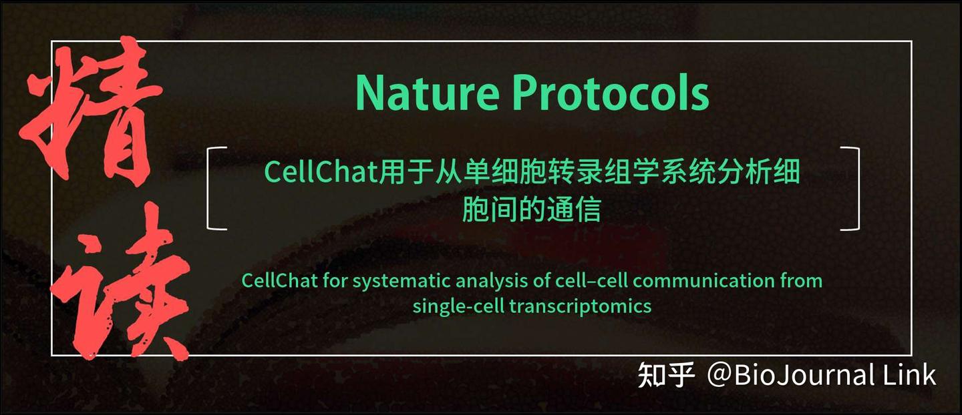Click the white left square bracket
pyautogui.click(x=216, y=189)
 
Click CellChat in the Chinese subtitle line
pyautogui.click(x=320, y=172)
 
